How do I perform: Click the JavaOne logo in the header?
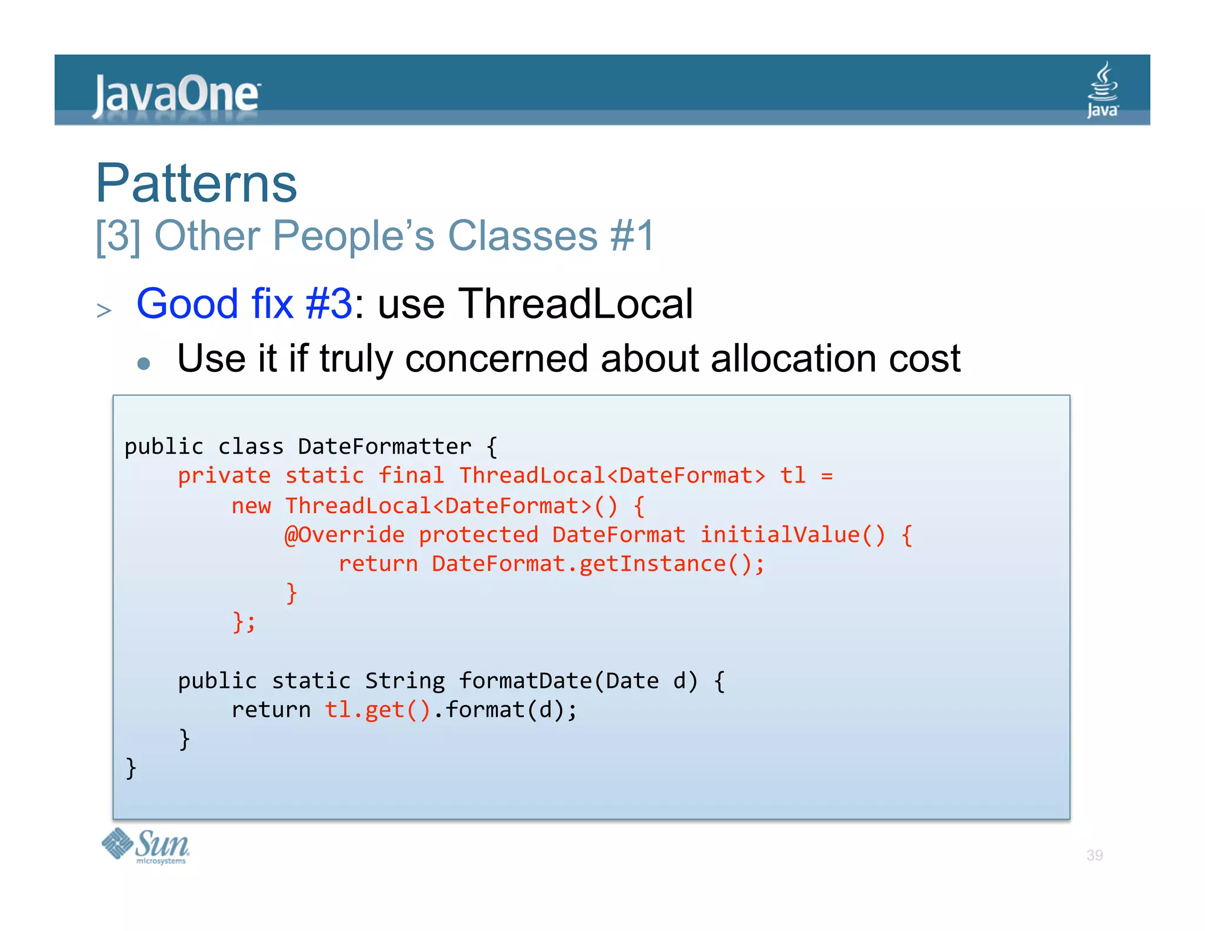point(176,94)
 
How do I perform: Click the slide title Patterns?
point(197,183)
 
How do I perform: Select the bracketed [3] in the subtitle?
point(118,235)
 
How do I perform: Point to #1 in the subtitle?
point(632,235)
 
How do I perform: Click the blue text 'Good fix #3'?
point(244,304)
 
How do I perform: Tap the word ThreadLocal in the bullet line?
point(575,304)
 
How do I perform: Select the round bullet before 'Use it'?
point(144,363)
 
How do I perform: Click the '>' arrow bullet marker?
point(104,310)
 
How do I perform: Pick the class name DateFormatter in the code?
point(384,446)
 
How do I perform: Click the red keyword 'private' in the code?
point(224,476)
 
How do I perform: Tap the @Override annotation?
point(344,534)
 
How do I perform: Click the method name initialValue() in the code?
point(792,534)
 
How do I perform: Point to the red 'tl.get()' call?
point(377,710)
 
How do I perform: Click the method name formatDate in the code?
point(525,681)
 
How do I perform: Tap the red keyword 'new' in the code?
point(251,506)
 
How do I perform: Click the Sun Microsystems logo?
point(146,846)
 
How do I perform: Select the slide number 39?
point(1094,855)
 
